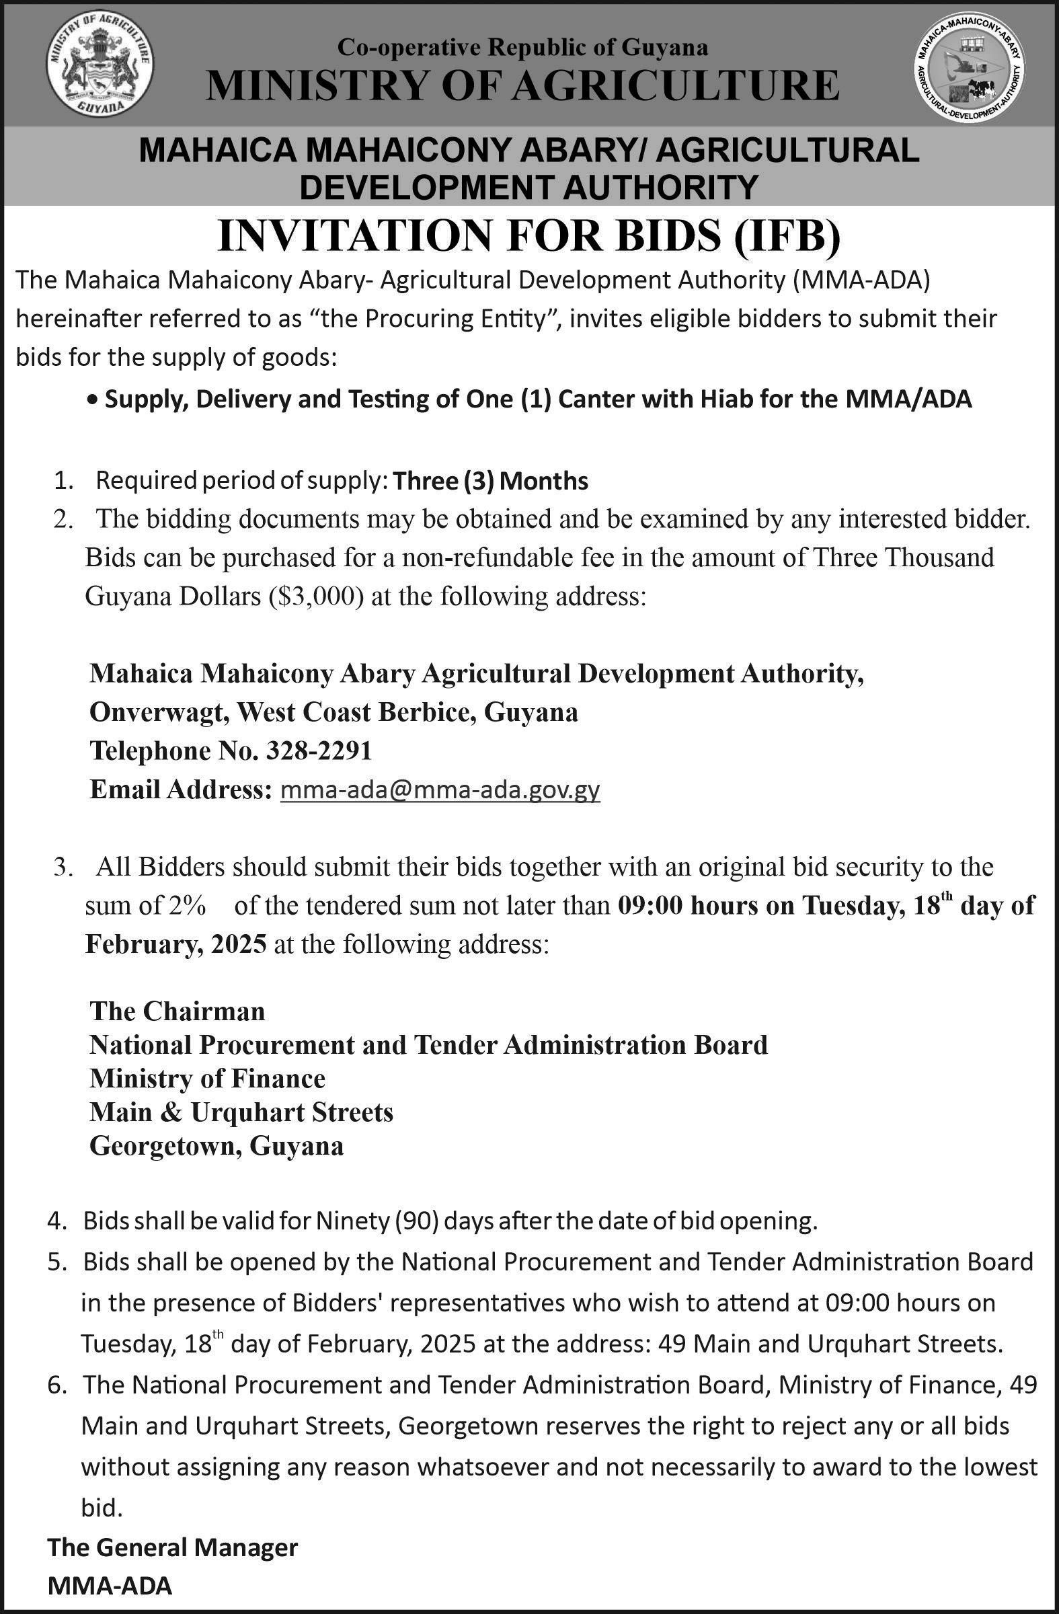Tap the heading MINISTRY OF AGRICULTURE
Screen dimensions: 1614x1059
click(x=522, y=86)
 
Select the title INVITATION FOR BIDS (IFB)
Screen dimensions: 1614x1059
click(x=528, y=236)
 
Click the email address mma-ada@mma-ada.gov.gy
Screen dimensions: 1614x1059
click(x=440, y=790)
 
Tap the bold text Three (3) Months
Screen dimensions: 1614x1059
click(x=490, y=481)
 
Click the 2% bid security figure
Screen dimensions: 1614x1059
click(x=181, y=906)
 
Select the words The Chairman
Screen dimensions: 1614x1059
click(x=177, y=1011)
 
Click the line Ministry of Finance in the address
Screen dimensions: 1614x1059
click(x=208, y=1078)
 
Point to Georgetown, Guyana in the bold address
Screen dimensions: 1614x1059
click(x=217, y=1146)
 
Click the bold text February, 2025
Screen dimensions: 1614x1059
click(x=175, y=944)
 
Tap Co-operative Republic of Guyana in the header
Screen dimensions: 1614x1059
click(x=522, y=47)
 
